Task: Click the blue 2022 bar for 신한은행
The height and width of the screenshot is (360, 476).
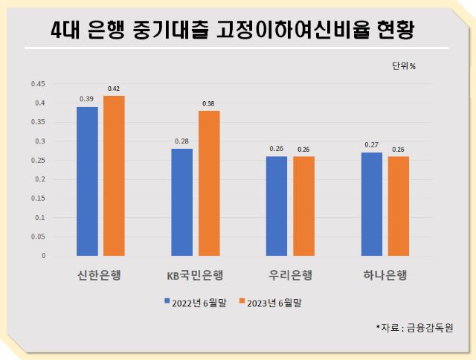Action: tap(87, 181)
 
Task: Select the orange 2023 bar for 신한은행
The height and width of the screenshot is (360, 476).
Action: tap(114, 176)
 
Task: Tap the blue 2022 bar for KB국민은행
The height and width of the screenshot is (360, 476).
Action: tap(182, 202)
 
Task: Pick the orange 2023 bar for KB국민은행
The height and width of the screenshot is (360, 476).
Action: tap(209, 183)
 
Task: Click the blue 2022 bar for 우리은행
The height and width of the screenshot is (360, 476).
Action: tap(277, 205)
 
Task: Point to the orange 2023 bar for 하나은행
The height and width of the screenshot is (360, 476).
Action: tap(399, 205)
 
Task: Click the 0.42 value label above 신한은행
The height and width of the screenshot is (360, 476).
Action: tap(114, 89)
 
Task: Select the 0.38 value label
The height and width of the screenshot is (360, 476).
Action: tap(209, 103)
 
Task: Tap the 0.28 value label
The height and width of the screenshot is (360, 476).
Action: tap(181, 141)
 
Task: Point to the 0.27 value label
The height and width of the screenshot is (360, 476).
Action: tap(372, 145)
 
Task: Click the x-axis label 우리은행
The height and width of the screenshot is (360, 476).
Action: tap(289, 276)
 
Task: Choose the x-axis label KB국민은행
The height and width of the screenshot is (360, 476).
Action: tap(195, 276)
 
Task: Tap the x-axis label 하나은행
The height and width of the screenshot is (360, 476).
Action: tap(384, 276)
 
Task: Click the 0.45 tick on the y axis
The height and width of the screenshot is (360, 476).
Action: tap(38, 83)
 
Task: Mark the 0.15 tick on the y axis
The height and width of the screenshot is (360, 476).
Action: tap(38, 198)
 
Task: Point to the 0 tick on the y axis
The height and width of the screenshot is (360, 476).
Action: tap(43, 256)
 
